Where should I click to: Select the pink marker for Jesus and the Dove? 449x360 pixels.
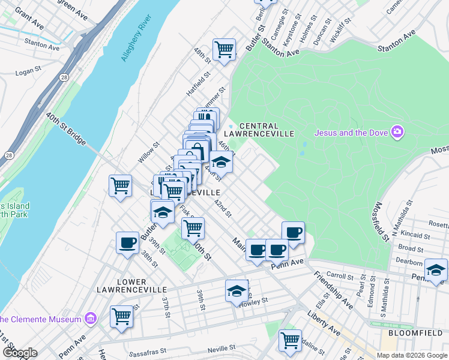coord(397,131)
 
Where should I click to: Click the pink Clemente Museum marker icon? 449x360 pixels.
coord(91,317)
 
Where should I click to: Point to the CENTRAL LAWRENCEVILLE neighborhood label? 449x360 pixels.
coord(258,130)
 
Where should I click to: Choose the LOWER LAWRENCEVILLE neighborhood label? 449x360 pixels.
coord(121,286)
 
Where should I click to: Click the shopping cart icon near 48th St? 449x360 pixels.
coord(224,49)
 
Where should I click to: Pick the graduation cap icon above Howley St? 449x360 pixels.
coord(237,290)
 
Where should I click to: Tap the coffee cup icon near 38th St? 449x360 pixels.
coord(127,242)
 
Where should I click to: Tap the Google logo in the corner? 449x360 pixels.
coord(20,352)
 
